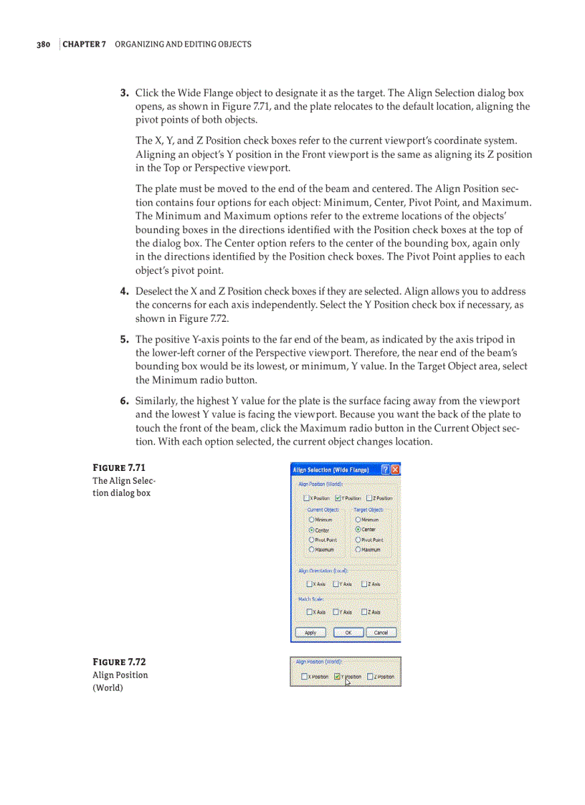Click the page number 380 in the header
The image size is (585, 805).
click(42, 44)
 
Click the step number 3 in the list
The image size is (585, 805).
click(124, 93)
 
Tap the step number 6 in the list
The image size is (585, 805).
click(124, 401)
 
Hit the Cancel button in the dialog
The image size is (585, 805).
click(381, 632)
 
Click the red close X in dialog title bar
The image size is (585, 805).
click(395, 470)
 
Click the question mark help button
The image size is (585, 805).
click(385, 470)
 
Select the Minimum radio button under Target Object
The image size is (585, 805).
click(358, 519)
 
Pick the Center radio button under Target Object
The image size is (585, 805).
click(358, 529)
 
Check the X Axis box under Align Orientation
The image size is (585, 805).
click(309, 584)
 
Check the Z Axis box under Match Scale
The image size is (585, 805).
click(365, 611)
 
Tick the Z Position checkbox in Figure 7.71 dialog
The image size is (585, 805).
click(370, 497)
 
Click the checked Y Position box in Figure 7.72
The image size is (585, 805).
click(338, 676)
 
